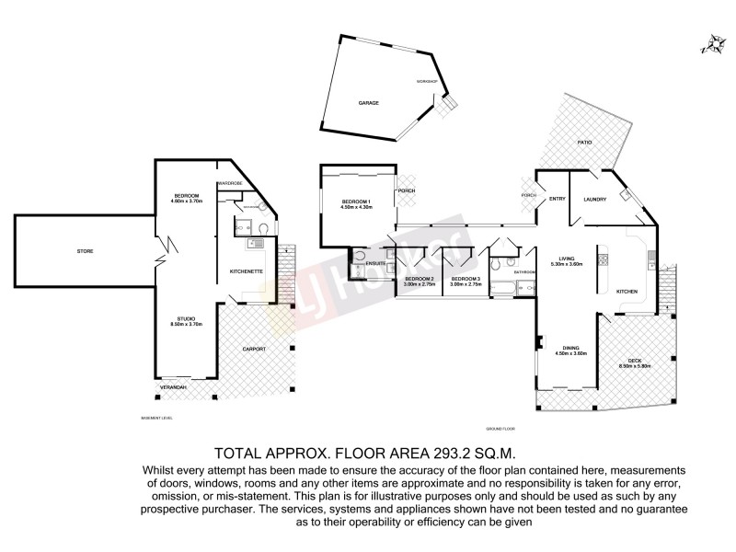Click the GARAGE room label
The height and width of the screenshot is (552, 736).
pos(368,103)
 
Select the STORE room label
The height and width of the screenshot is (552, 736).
pos(85,250)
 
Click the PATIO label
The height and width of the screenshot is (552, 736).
pos(583,143)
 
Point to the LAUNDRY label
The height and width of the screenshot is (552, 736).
pos(594,200)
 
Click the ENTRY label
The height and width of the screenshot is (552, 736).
pos(557,199)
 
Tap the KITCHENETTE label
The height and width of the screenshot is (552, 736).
pos(247,271)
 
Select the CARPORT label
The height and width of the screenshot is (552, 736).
pos(254,350)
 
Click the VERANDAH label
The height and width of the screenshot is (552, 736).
pos(173,387)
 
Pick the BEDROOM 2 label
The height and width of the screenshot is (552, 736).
pos(419,278)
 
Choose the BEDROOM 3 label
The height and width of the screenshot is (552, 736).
pos(466,278)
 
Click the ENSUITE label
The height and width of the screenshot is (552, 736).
pos(375,263)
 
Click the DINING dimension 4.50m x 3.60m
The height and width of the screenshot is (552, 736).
pos(570,352)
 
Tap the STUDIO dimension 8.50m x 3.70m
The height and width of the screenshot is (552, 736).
pos(185,325)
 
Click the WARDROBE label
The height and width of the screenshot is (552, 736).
pos(230,184)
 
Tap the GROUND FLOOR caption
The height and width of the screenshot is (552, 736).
pos(501,430)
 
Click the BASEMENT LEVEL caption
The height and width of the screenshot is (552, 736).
pos(156,418)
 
